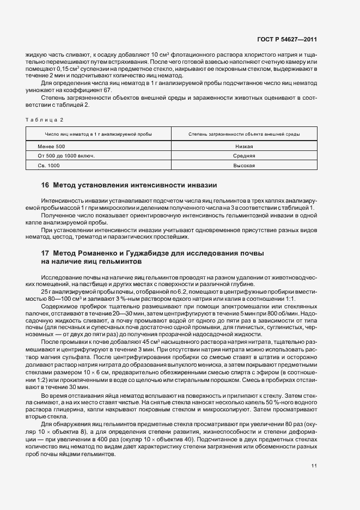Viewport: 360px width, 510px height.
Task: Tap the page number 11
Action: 314,466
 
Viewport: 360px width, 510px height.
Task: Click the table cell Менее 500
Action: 51,147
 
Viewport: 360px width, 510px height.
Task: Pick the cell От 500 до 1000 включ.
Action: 65,156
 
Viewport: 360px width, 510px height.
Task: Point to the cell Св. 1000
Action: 48,165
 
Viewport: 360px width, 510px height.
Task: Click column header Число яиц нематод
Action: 99,134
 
